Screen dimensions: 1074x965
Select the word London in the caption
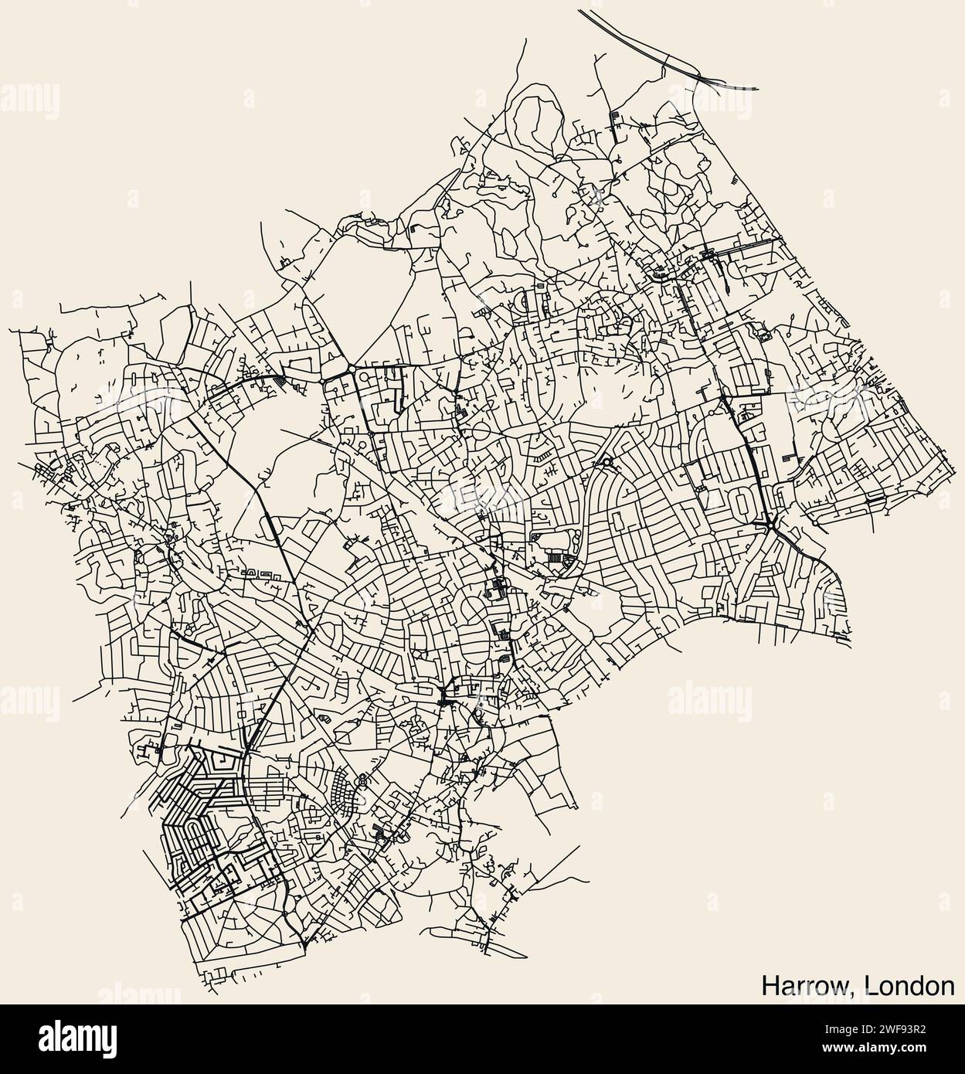(x=909, y=986)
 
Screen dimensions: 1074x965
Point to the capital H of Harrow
(x=770, y=986)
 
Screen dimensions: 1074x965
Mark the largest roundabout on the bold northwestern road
(x=352, y=369)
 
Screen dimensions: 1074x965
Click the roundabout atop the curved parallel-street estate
(x=607, y=463)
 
